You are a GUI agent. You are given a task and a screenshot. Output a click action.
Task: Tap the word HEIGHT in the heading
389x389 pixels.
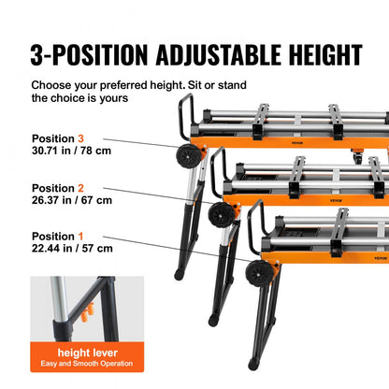(316, 53)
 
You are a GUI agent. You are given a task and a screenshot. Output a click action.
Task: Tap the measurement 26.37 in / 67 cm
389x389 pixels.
(72, 199)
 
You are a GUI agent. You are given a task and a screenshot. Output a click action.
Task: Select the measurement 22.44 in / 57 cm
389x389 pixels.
(72, 248)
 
